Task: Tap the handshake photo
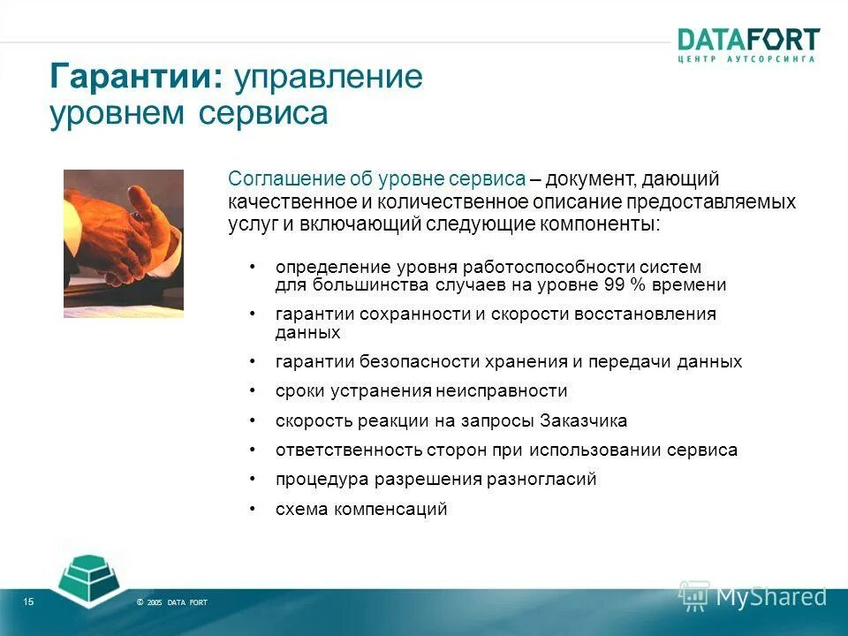pos(124,243)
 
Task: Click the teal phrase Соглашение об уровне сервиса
pos(377,178)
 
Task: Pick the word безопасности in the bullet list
pos(413,362)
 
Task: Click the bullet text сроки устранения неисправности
pos(421,391)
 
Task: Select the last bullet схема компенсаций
pos(361,510)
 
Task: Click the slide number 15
pos(28,602)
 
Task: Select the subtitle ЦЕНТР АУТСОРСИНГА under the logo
pos(747,59)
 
